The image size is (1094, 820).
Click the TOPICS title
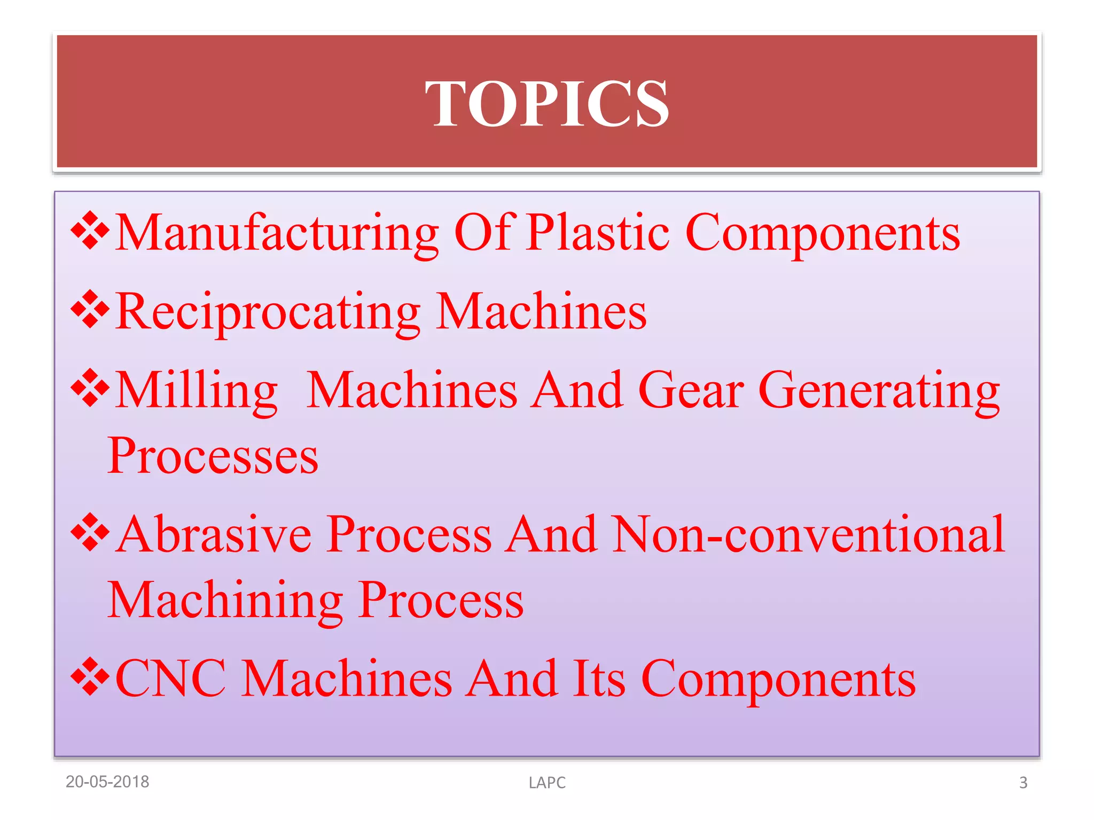(546, 104)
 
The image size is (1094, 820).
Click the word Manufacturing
(277, 233)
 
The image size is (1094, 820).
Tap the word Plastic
(597, 233)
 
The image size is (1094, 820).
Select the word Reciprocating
(268, 312)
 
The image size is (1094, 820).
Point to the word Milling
(196, 390)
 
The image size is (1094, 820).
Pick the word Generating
(879, 391)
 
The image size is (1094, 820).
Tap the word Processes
(213, 456)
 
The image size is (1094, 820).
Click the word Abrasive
(214, 534)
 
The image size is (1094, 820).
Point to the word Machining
(225, 600)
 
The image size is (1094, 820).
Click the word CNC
(170, 679)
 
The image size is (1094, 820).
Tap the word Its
(598, 679)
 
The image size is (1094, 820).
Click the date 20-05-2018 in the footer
(107, 782)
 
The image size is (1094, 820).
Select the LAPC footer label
(547, 783)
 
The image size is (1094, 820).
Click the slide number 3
(1023, 783)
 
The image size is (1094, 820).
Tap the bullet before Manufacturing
(90, 231)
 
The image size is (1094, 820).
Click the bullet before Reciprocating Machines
(90, 309)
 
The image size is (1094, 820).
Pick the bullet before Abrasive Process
(90, 532)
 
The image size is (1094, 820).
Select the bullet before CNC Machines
(90, 676)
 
